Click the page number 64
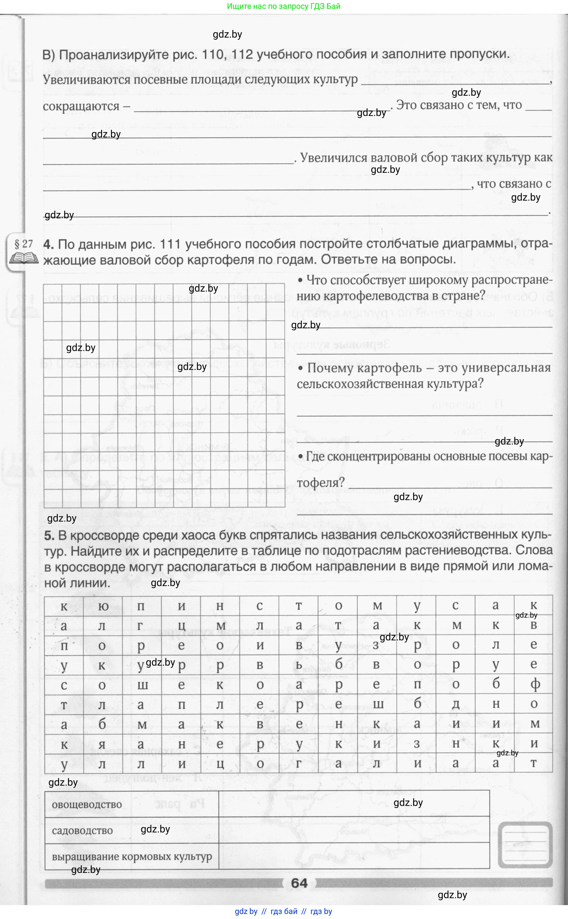299,883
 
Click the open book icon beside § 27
24,258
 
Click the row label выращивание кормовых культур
132,856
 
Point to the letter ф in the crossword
534,684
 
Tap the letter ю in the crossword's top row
102,606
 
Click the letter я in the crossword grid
102,744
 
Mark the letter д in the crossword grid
456,704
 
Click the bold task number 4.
48,245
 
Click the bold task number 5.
49,536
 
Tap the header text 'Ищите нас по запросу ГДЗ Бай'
284,6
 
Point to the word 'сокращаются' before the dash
81,106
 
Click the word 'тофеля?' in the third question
321,483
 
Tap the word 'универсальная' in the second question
506,368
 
